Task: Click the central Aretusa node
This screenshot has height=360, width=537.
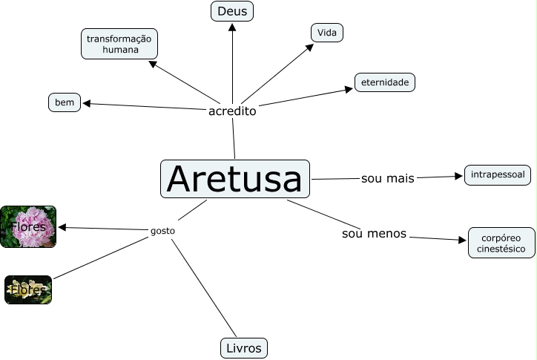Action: coord(235,179)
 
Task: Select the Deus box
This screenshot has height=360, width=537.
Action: coord(232,11)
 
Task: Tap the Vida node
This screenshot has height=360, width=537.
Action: coord(326,33)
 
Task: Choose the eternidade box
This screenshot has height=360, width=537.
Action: coord(384,82)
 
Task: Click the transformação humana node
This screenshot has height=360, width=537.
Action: coord(119,44)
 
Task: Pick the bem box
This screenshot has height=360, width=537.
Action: coord(65,102)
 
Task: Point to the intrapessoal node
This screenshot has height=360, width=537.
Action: coord(498,175)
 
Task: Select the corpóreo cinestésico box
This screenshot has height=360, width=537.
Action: coord(501,243)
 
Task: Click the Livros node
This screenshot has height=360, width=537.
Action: coord(243,347)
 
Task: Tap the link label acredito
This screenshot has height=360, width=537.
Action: coord(232,111)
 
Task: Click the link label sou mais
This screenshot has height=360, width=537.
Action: coord(387,178)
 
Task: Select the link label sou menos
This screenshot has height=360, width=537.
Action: coord(374,234)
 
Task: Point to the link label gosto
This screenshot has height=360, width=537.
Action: coord(162,231)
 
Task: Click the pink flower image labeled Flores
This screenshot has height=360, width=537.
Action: coord(28,226)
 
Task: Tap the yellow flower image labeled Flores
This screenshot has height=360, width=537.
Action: coord(28,289)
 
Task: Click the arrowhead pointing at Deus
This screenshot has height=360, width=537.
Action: coord(232,27)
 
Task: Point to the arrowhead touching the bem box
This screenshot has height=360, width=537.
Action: coord(86,103)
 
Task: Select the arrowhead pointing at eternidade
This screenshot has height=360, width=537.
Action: coord(349,90)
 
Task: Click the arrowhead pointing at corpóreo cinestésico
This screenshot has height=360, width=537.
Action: coord(463,240)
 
